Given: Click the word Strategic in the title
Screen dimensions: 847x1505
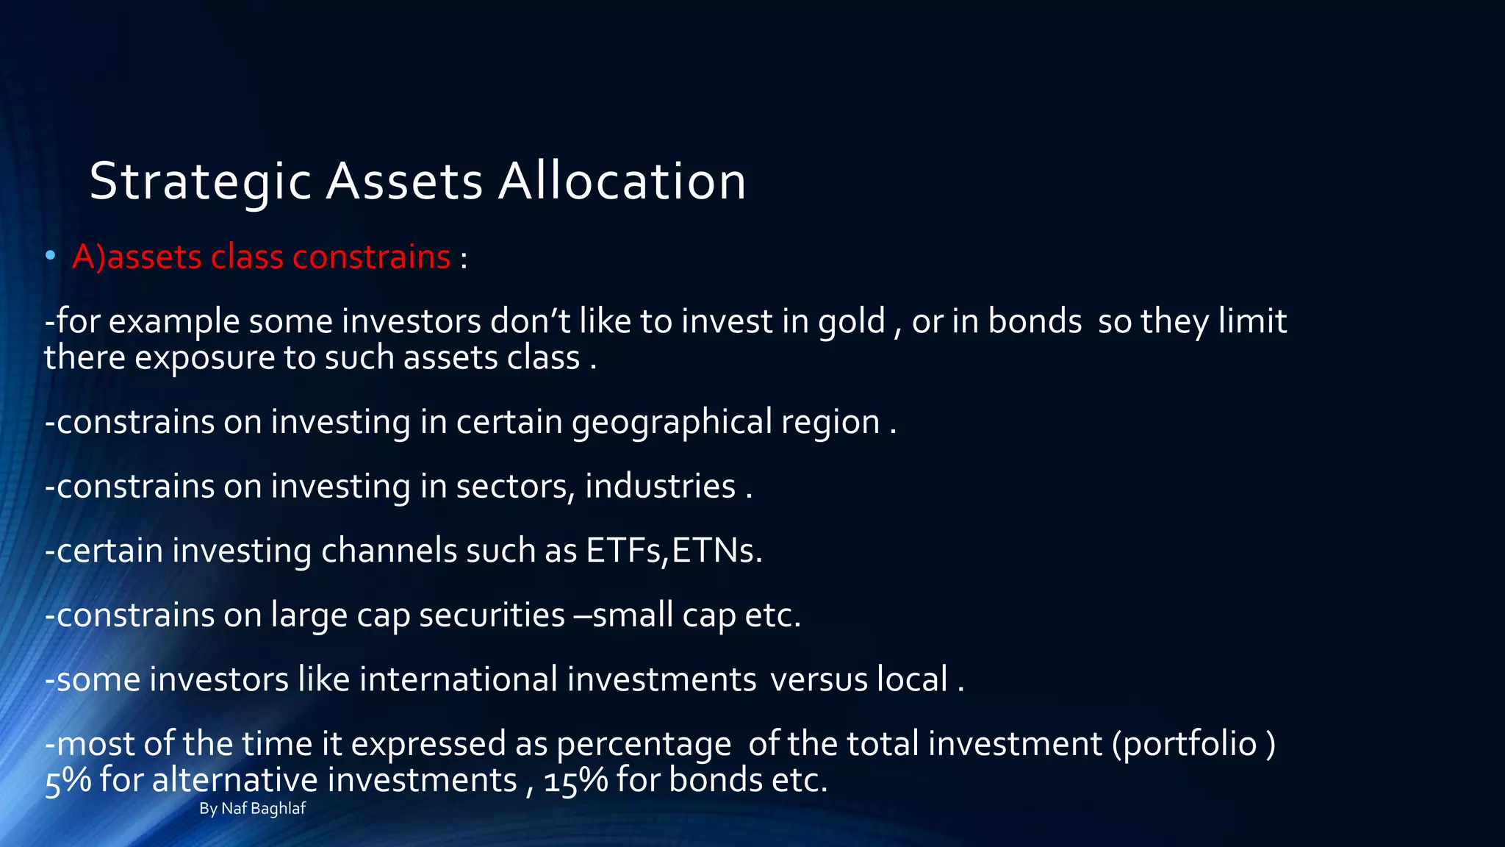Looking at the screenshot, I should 200,182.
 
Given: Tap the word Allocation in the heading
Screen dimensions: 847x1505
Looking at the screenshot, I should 622,182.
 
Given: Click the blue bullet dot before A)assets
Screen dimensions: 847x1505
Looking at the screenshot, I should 50,256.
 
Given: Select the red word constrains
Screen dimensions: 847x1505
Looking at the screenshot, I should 371,257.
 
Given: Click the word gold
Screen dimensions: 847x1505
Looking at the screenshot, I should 852,322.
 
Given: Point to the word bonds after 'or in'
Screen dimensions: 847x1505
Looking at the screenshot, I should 1034,321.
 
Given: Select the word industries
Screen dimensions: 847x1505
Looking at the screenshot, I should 660,487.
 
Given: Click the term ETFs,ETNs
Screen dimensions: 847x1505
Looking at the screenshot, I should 674,551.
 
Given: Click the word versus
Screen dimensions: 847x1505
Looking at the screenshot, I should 819,679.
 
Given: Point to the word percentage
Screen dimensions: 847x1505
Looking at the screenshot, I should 643,744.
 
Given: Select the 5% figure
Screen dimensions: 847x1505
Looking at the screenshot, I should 68,781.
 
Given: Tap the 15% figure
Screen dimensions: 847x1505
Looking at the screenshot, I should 575,781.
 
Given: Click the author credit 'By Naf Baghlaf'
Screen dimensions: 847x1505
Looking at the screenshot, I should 252,809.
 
